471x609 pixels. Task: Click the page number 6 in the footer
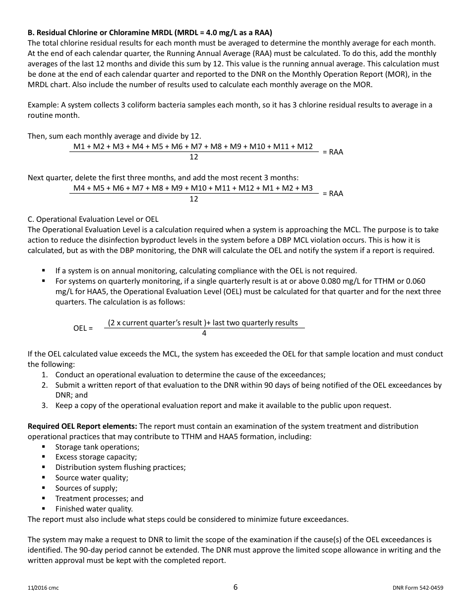coord(235,587)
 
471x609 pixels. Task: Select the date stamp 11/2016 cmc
coord(43,588)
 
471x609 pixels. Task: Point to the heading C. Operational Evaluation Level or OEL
coord(93,219)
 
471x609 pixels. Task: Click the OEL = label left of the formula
coord(83,328)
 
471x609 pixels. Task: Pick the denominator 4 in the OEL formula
coord(204,333)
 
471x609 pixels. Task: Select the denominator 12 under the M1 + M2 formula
coord(194,157)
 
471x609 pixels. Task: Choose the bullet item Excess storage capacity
coord(96,457)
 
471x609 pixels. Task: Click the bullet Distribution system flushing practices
coord(120,467)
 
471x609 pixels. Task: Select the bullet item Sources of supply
coord(86,488)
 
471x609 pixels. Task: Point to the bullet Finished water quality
coord(94,509)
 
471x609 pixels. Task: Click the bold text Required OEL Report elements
coord(82,426)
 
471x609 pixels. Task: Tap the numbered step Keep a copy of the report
coord(223,406)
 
